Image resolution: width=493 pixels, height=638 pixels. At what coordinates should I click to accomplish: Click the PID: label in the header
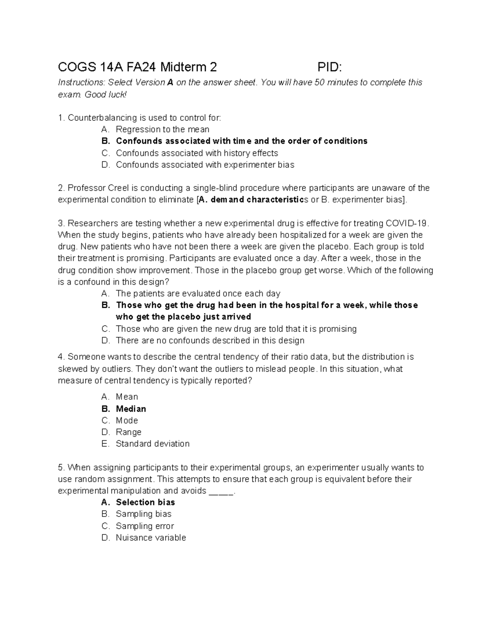pyautogui.click(x=329, y=67)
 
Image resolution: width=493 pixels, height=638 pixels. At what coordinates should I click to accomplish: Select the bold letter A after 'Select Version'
pyautogui.click(x=170, y=83)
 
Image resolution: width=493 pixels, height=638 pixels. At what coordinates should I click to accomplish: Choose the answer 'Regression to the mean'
pyautogui.click(x=162, y=129)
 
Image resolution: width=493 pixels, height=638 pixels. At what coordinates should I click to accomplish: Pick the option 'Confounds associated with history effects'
pyautogui.click(x=197, y=153)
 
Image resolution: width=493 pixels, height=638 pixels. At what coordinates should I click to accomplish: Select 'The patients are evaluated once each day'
pyautogui.click(x=198, y=294)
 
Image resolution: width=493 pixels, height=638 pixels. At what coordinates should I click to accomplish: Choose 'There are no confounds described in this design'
pyautogui.click(x=210, y=341)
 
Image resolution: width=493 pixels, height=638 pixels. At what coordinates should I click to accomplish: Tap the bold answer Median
pyautogui.click(x=131, y=409)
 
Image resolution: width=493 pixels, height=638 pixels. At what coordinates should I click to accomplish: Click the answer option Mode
pyautogui.click(x=127, y=421)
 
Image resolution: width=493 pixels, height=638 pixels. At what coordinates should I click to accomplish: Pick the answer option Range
pyautogui.click(x=129, y=432)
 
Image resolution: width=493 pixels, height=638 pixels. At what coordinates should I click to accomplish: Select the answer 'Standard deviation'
pyautogui.click(x=152, y=444)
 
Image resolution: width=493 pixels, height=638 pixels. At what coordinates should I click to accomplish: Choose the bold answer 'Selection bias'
pyautogui.click(x=145, y=502)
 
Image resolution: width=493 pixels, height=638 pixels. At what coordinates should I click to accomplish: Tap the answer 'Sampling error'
pyautogui.click(x=145, y=526)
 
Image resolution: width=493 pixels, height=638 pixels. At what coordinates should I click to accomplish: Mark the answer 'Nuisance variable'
pyautogui.click(x=151, y=538)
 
